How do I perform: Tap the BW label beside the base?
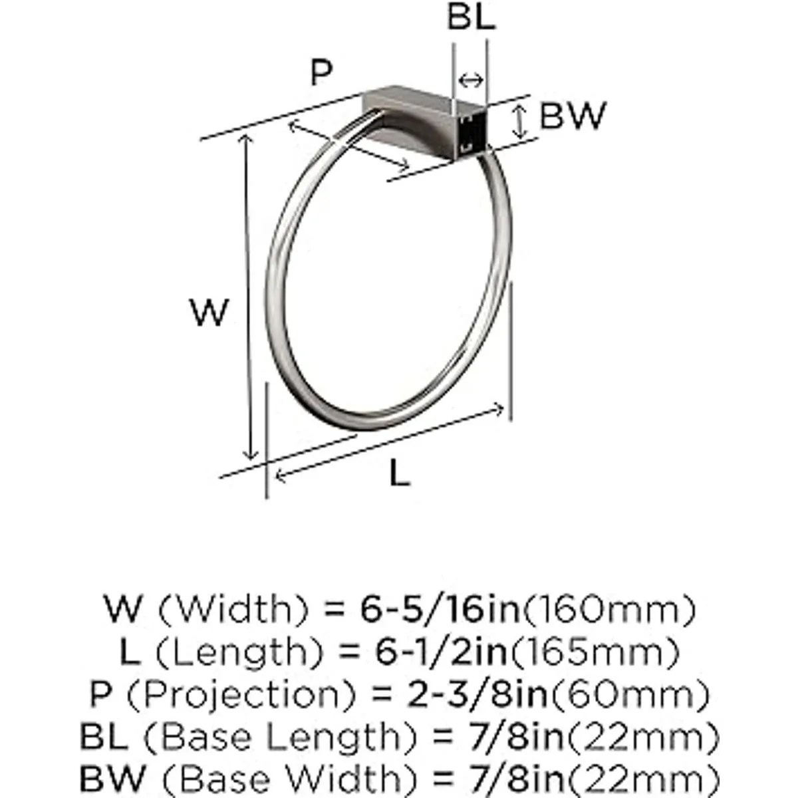coord(573,116)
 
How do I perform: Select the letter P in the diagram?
coord(321,72)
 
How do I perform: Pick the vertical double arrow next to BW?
coord(520,121)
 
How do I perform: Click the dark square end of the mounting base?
coord(471,133)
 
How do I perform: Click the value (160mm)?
coord(608,610)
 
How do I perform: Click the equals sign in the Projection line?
coord(382,696)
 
